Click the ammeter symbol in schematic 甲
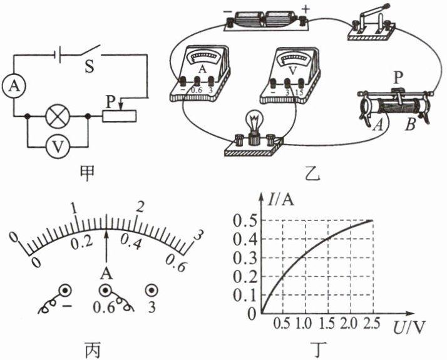click(14, 86)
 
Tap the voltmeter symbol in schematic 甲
click(58, 147)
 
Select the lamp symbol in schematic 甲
click(58, 116)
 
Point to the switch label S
click(90, 67)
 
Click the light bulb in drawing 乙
click(255, 125)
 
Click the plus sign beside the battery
click(306, 9)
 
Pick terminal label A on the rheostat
click(378, 125)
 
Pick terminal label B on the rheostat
click(410, 125)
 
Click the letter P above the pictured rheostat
click(398, 77)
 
